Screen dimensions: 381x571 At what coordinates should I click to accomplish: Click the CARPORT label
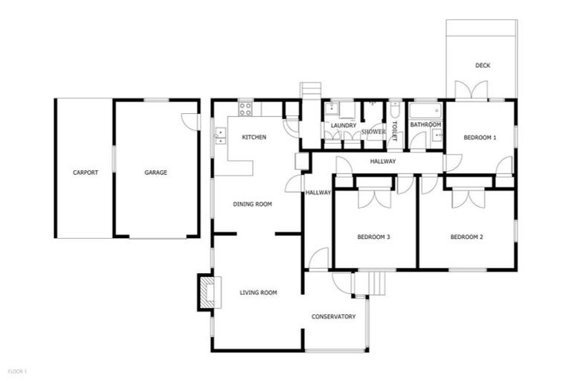[x=86, y=173]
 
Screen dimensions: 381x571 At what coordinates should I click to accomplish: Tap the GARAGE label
[x=155, y=173]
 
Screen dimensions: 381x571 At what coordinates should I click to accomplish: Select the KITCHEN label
[x=254, y=138]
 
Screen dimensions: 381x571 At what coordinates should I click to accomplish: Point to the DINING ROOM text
[x=253, y=204]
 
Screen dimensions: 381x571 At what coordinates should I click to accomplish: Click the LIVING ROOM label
[x=258, y=293]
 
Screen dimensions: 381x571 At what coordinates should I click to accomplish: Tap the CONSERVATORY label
[x=333, y=317]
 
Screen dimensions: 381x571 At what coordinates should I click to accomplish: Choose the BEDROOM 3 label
[x=374, y=237]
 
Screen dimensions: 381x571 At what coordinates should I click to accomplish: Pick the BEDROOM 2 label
[x=467, y=237]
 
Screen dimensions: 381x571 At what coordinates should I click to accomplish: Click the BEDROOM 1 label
[x=480, y=138]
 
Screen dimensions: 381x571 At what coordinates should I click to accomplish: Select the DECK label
[x=483, y=65]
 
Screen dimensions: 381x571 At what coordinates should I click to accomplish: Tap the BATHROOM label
[x=426, y=125]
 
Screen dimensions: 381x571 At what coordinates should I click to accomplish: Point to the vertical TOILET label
[x=395, y=130]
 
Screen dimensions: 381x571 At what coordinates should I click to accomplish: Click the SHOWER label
[x=373, y=132]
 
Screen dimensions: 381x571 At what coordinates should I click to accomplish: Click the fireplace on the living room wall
[x=206, y=292]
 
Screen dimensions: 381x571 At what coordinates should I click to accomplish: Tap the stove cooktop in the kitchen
[x=245, y=109]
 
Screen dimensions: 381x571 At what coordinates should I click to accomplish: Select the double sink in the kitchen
[x=220, y=135]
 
